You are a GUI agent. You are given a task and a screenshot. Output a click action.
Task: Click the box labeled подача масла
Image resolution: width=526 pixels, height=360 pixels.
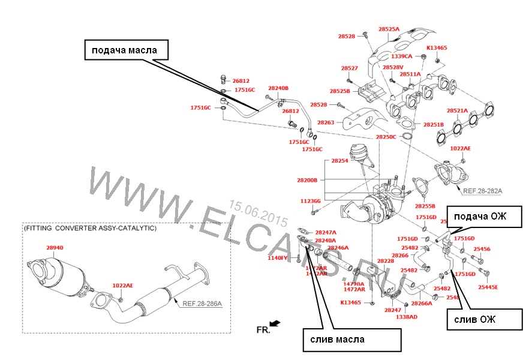click(x=125, y=50)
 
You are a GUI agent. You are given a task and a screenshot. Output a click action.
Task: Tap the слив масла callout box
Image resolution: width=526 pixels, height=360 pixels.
click(x=351, y=339)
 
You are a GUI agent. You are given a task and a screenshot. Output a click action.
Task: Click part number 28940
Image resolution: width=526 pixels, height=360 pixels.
click(x=54, y=247)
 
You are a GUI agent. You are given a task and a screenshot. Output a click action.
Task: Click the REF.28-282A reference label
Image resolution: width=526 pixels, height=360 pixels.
click(x=482, y=190)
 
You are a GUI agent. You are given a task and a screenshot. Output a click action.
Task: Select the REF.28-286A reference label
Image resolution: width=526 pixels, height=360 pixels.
click(x=203, y=304)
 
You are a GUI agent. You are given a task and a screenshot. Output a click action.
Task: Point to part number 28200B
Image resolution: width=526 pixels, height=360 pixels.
click(x=308, y=180)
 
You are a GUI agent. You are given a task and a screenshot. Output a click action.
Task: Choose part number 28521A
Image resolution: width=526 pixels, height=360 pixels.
click(x=458, y=111)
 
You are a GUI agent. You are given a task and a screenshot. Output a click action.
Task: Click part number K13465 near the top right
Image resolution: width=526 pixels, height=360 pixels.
click(x=437, y=47)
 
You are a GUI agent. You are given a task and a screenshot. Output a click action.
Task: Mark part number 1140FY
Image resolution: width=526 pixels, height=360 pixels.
click(x=277, y=258)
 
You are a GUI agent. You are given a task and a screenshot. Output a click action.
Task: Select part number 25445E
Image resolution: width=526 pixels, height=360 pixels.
click(x=488, y=287)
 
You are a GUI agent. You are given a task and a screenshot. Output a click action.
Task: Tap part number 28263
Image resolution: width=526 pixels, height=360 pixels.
click(x=326, y=122)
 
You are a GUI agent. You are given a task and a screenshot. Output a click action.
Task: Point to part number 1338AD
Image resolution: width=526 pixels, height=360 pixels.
click(x=407, y=316)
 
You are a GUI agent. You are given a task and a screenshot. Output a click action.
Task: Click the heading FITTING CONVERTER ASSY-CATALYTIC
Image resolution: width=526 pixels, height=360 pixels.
click(x=90, y=229)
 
